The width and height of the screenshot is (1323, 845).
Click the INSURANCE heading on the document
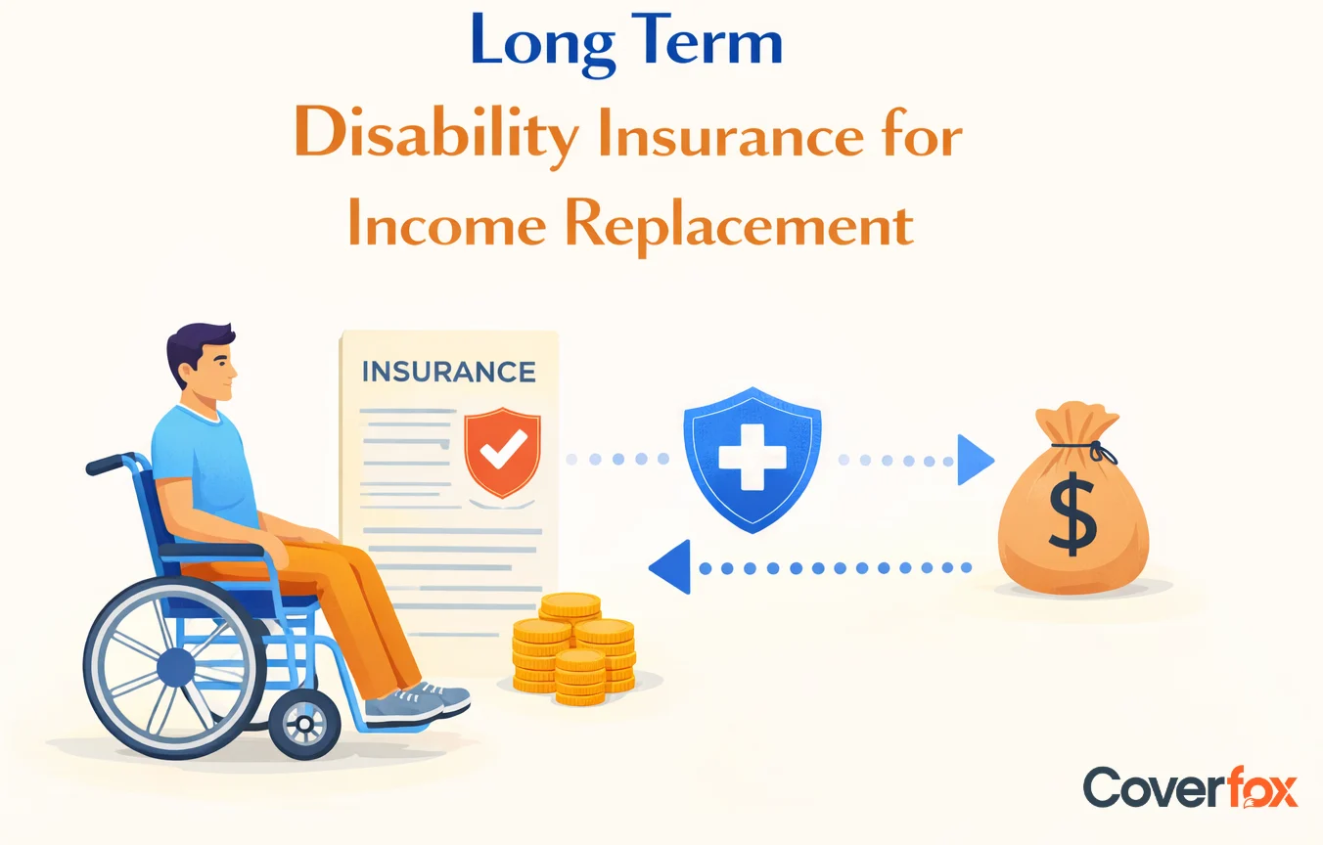(448, 372)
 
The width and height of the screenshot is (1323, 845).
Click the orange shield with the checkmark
(502, 453)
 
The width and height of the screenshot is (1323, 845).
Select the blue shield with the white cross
(752, 459)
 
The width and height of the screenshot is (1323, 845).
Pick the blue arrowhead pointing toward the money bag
(975, 459)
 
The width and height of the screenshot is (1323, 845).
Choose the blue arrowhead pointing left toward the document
(670, 567)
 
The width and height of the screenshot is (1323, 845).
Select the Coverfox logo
(1190, 787)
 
